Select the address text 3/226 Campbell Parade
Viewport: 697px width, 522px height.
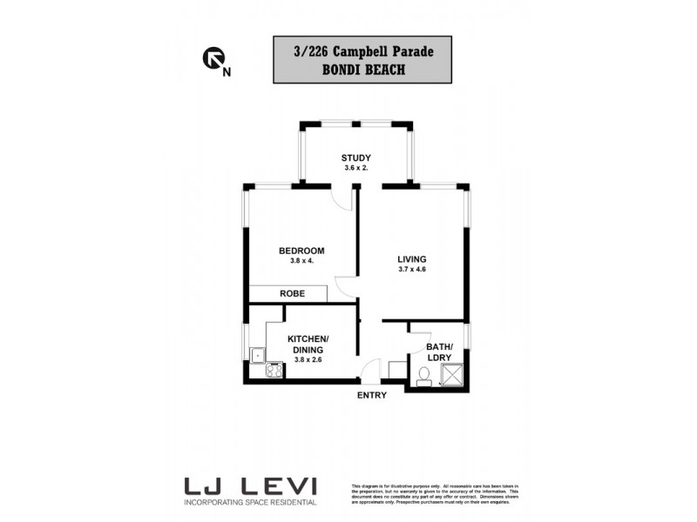pos(362,51)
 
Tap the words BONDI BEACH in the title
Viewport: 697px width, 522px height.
pos(362,70)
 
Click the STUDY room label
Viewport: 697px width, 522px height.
pos(355,157)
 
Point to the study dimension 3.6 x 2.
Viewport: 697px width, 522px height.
pos(355,168)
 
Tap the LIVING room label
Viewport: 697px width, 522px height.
pos(412,258)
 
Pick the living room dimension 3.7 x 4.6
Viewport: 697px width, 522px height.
pos(412,270)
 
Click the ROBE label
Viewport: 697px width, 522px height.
pos(292,294)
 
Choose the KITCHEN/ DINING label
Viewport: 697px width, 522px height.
pos(308,344)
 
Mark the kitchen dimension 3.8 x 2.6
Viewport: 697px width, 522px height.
pos(308,359)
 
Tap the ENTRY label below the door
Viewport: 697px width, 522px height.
pos(371,396)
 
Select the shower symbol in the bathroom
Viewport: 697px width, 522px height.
pos(454,374)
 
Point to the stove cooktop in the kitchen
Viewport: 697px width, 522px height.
pos(274,371)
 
